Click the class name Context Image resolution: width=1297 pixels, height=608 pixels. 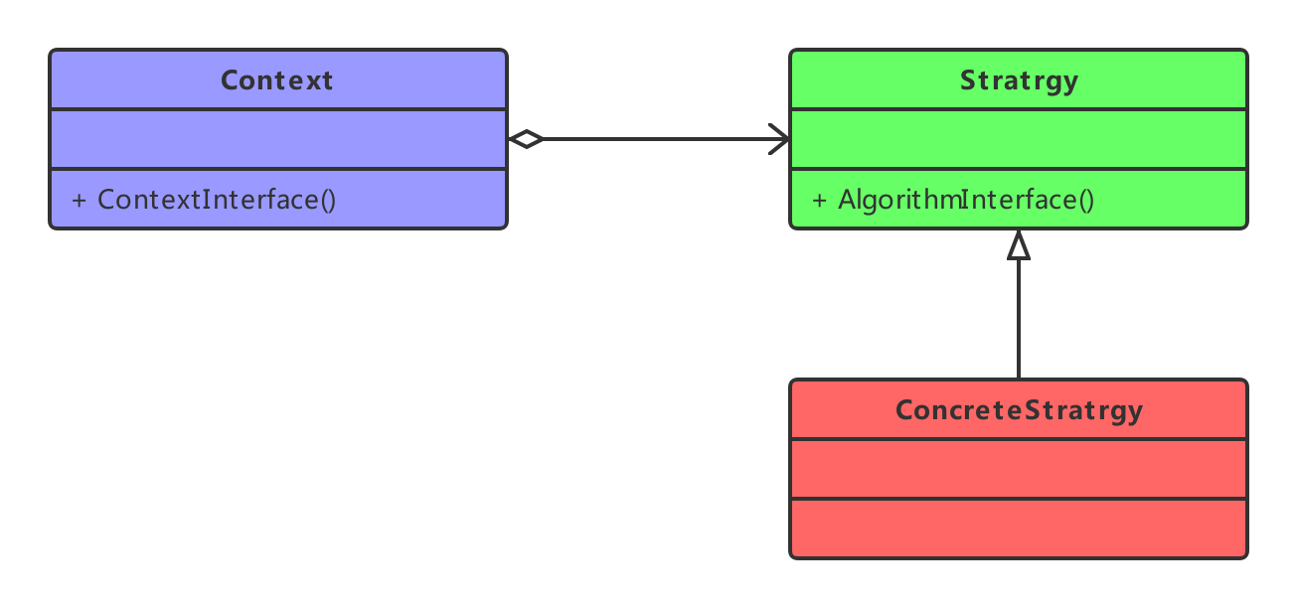click(276, 80)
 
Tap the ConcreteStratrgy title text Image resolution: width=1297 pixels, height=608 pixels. click(1019, 411)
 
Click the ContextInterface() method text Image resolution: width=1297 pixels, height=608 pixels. click(217, 200)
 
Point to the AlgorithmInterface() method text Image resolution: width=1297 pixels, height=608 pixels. click(966, 200)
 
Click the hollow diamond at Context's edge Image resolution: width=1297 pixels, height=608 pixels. click(526, 139)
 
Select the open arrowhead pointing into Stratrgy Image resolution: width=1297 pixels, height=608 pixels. click(779, 139)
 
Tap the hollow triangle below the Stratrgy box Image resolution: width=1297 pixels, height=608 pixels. click(1019, 245)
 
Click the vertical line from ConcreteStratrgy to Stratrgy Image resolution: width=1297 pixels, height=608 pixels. click(1019, 319)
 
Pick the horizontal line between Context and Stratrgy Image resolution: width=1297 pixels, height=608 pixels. click(666, 139)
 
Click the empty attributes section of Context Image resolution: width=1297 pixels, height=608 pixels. click(278, 139)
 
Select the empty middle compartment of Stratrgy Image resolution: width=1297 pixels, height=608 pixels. click(1019, 139)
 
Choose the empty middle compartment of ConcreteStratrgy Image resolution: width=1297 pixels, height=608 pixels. click(1019, 469)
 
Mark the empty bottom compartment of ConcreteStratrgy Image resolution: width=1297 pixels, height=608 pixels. click(1019, 529)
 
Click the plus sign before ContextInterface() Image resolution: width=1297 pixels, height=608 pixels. click(79, 201)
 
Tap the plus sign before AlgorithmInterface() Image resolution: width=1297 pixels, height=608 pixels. click(819, 201)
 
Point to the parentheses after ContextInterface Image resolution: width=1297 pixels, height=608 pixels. click(328, 201)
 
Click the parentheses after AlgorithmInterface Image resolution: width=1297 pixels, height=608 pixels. click(1086, 201)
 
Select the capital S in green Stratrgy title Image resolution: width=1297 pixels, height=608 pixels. click(968, 80)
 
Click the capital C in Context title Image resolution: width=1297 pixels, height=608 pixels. click(230, 80)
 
